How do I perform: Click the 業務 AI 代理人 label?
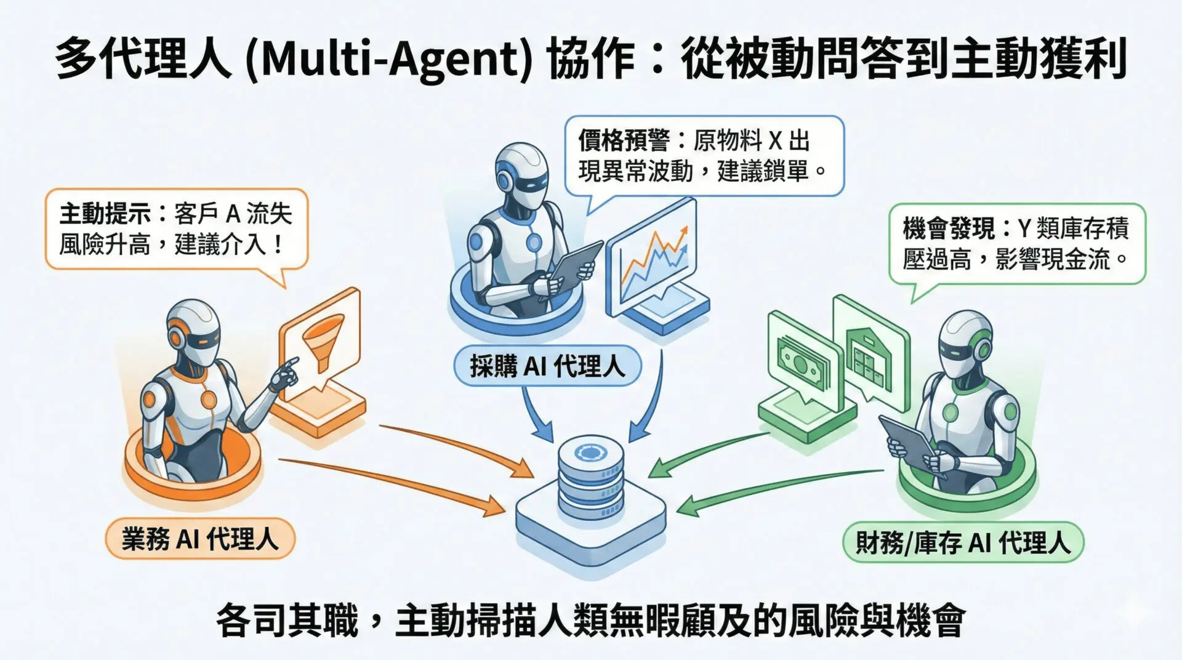point(200,539)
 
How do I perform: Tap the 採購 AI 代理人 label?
point(547,366)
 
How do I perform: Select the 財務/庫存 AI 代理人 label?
point(963,542)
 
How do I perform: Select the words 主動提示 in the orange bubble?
point(105,214)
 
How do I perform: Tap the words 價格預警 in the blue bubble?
point(624,141)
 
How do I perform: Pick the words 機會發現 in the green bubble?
point(948,228)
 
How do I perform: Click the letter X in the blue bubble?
point(775,142)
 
